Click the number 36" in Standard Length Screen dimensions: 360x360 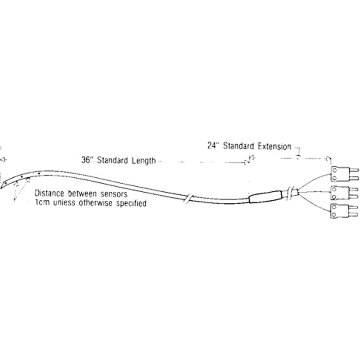point(87,160)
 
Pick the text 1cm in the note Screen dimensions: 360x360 point(42,203)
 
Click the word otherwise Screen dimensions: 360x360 point(99,203)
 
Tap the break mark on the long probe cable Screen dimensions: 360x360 point(188,197)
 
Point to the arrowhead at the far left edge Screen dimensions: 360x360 point(2,160)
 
